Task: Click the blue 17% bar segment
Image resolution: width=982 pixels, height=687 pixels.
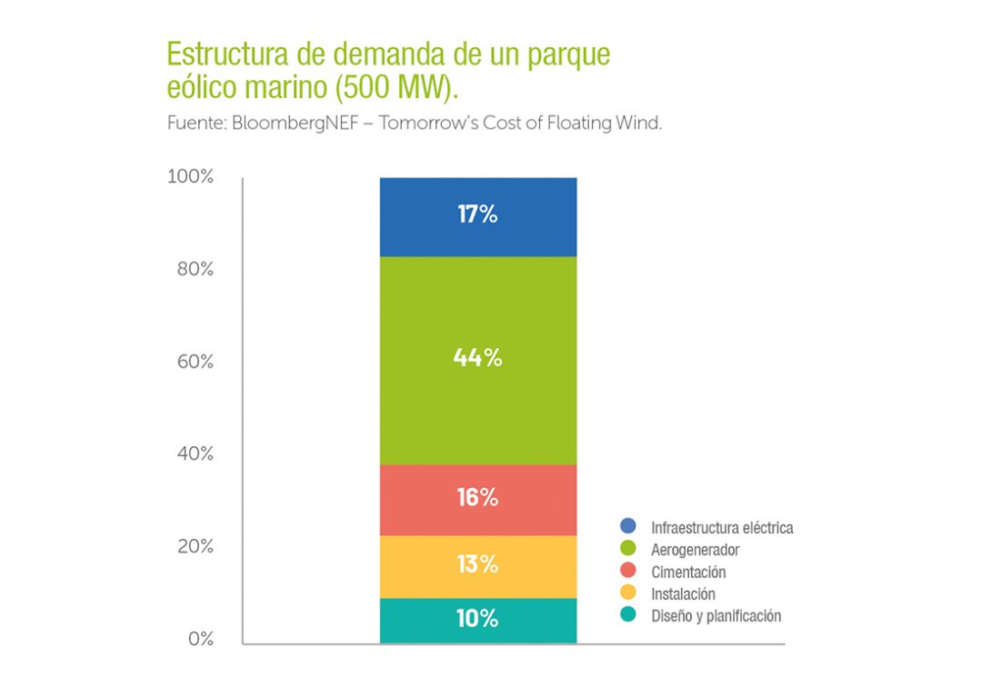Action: [x=477, y=216]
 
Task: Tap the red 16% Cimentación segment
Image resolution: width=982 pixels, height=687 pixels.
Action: [x=477, y=499]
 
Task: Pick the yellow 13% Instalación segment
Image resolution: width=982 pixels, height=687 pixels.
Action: [x=477, y=565]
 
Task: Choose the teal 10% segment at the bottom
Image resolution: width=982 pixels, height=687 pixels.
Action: [x=477, y=620]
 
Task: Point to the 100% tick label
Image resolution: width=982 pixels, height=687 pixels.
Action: [x=190, y=177]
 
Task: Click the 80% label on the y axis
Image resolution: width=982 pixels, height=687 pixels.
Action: [x=194, y=270]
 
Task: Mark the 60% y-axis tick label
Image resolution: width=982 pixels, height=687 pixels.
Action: [x=194, y=363]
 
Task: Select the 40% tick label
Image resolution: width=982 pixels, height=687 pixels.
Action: [x=194, y=454]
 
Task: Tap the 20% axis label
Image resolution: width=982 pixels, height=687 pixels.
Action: [x=194, y=547]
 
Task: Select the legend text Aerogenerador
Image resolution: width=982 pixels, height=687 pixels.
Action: [x=695, y=550]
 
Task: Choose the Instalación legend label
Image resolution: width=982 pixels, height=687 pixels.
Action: [x=683, y=594]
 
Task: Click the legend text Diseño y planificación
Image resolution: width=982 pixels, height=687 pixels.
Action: [x=716, y=616]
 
